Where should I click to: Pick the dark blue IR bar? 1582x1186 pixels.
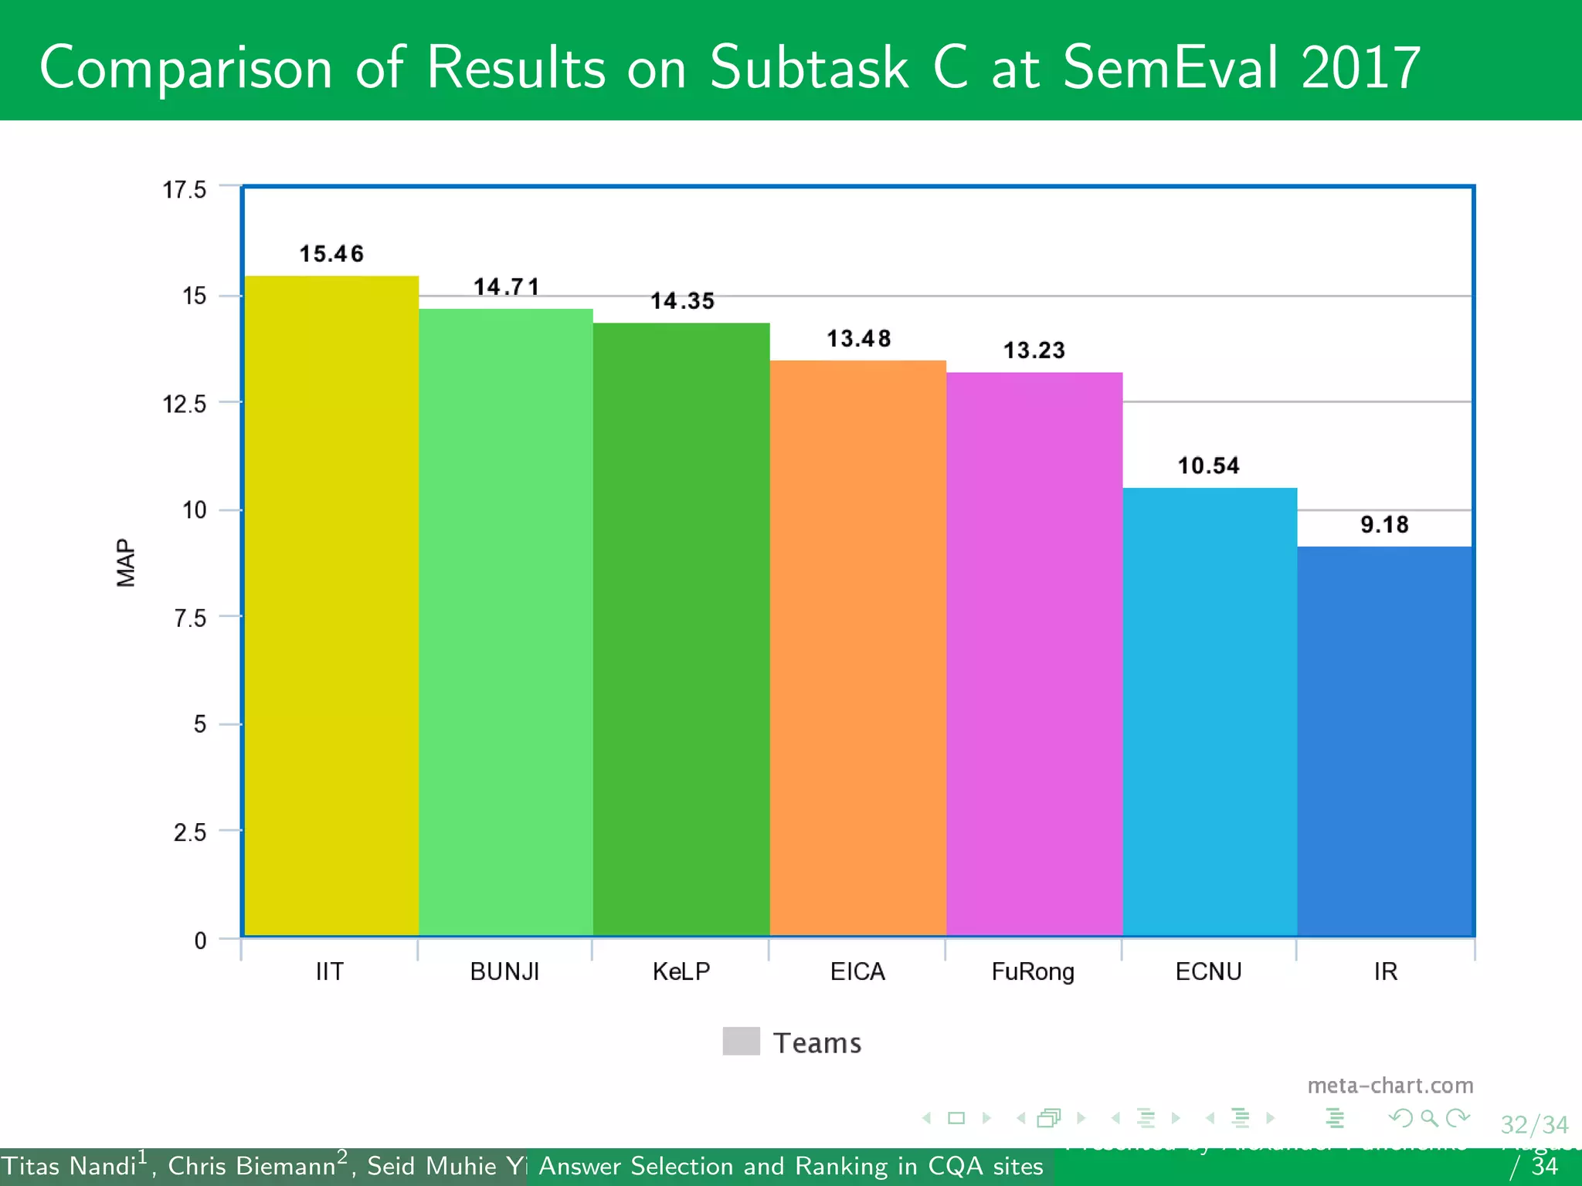point(1385,741)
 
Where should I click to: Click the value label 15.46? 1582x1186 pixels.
point(331,253)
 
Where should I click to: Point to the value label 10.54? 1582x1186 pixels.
point(1208,466)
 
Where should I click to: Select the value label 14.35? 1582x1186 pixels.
point(682,300)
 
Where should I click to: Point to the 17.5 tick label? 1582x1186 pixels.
point(185,189)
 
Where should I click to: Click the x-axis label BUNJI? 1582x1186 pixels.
point(504,971)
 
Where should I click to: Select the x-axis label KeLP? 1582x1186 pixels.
point(681,971)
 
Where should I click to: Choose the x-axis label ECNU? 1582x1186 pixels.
point(1208,971)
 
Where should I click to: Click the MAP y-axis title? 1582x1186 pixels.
point(125,563)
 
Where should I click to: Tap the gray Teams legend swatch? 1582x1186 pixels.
point(741,1041)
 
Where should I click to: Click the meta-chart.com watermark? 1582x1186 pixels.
point(1390,1086)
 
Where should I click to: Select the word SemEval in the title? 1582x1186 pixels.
point(1171,68)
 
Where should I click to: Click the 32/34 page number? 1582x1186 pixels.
point(1534,1125)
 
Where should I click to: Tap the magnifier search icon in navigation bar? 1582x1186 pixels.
point(1429,1118)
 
